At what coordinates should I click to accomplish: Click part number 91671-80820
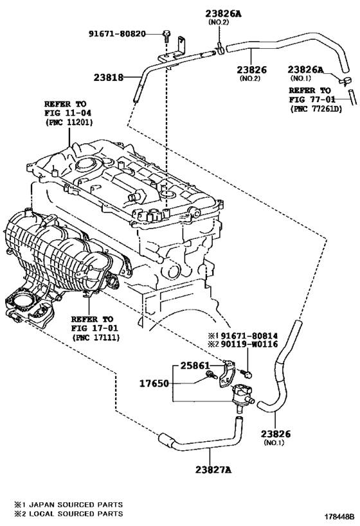117,33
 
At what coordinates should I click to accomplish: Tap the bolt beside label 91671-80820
166,35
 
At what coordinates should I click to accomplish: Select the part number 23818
108,78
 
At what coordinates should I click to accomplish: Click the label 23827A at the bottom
213,469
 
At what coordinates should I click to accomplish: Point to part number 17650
154,383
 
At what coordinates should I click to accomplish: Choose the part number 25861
195,365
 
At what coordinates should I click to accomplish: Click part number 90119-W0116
249,344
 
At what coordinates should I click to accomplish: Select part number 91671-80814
249,335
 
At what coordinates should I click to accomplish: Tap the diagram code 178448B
339,516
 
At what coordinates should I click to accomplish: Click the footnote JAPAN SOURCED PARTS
73,504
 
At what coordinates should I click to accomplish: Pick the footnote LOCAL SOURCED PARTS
73,514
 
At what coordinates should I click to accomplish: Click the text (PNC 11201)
69,122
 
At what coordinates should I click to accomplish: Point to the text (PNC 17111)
95,337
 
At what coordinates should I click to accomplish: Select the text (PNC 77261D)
316,109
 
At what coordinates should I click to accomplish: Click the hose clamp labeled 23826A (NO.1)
345,81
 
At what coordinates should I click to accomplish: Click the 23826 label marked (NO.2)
251,70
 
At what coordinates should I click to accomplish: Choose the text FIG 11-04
68,113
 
